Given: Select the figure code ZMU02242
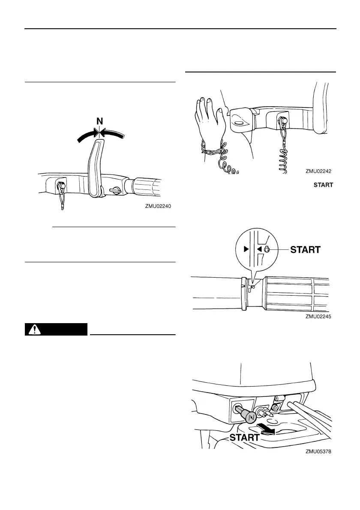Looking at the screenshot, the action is pos(319,171).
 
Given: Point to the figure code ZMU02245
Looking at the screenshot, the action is pos(319,317).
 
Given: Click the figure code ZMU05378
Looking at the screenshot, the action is pos(319,451).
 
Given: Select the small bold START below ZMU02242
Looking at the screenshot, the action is pos(324,185).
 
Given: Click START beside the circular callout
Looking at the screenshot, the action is pos(306,249).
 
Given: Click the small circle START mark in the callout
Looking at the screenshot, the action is pos(267,249).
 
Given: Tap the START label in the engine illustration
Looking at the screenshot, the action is pos(244,438).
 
